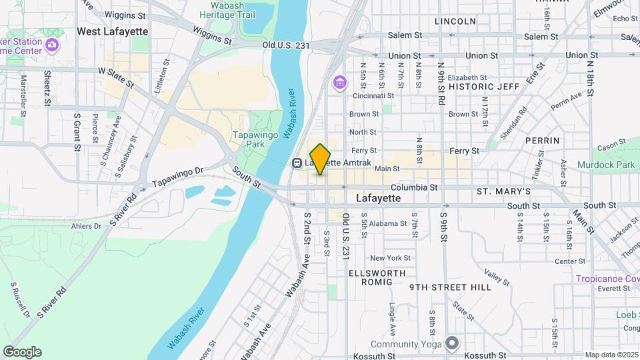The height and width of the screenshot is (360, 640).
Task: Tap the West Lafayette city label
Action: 112,31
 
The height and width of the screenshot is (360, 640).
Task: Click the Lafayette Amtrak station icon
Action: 297,162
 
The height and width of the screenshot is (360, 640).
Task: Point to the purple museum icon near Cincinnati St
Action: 340,83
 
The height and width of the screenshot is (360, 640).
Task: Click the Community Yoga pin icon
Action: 453,344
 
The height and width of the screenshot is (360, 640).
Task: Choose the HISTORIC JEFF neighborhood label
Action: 483,87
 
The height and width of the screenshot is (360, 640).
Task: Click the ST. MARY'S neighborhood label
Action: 503,191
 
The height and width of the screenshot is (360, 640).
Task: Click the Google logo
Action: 22,351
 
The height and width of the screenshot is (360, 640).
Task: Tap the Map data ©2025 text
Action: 611,355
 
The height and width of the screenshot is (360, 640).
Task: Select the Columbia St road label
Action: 414,188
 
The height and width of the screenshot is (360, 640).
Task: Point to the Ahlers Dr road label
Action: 86,226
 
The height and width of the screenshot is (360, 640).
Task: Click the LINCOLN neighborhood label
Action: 455,21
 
